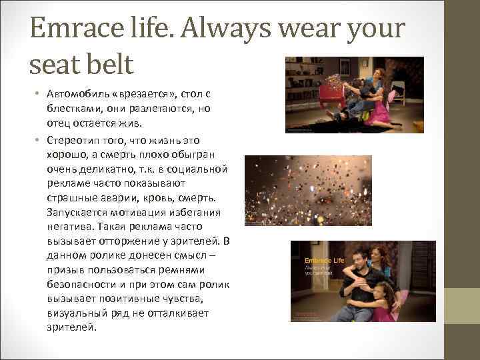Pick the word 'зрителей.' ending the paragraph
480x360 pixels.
click(x=71, y=327)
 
